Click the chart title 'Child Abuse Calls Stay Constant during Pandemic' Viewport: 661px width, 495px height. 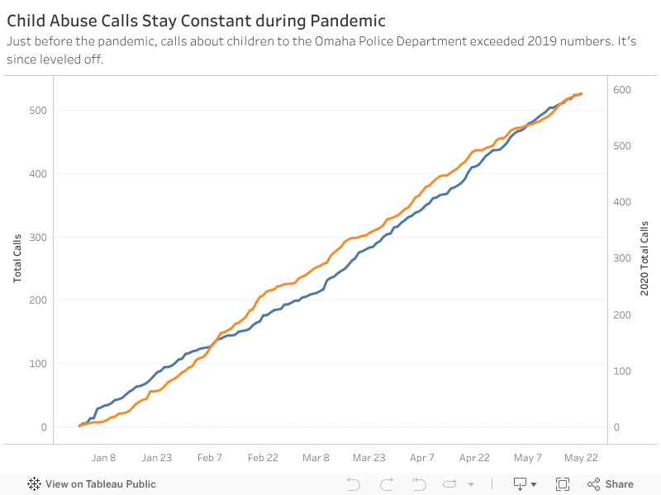click(196, 19)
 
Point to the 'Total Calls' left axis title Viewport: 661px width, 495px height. click(18, 258)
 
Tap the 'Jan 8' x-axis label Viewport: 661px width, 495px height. click(103, 458)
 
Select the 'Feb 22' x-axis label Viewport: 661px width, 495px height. click(262, 458)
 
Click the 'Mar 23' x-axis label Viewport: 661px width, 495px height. click(369, 458)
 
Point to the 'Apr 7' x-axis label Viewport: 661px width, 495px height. click(421, 458)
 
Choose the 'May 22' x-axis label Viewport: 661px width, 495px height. click(580, 458)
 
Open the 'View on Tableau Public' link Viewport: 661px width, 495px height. click(100, 484)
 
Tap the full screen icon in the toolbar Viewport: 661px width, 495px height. click(563, 484)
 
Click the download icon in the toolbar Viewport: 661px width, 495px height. click(521, 484)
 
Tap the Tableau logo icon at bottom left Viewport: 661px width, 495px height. click(35, 484)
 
